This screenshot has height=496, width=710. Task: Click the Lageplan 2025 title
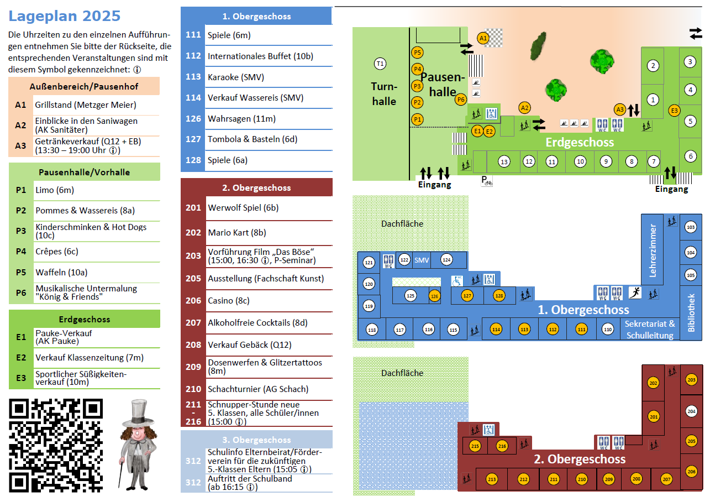(65, 16)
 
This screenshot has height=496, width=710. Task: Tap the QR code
(56, 445)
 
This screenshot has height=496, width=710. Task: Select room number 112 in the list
(193, 56)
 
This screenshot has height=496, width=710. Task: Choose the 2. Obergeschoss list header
(256, 188)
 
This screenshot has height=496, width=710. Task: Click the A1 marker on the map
(483, 38)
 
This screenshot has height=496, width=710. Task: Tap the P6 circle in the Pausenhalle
(461, 100)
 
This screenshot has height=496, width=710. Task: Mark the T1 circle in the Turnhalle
(380, 64)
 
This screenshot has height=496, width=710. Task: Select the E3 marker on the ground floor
(674, 110)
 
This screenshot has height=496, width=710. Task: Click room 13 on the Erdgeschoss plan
(504, 162)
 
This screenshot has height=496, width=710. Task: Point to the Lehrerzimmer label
(653, 250)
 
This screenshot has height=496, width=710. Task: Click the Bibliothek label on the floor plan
(691, 312)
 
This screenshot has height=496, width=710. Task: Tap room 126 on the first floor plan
(435, 296)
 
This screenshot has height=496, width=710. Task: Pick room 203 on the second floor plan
(691, 380)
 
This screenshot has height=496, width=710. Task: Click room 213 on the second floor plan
(492, 479)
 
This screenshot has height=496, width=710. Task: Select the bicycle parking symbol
(487, 181)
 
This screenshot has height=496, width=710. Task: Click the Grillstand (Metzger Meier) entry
(86, 105)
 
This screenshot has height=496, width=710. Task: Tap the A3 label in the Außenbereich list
(21, 146)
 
